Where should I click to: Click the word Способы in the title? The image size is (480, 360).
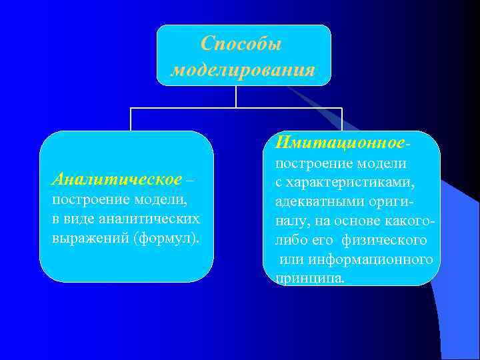(241, 44)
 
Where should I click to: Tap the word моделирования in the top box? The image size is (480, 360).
(243, 70)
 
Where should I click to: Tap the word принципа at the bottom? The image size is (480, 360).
(310, 278)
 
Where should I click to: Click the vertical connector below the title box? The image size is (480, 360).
(236, 97)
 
